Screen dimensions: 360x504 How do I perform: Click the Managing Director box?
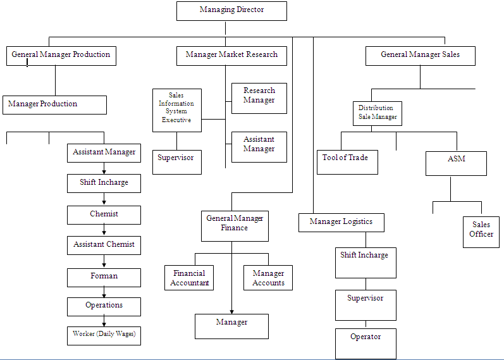coord(231,11)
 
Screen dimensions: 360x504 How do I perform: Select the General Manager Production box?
coord(61,55)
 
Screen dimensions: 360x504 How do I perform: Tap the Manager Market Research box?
coord(231,55)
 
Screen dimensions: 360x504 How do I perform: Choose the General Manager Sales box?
coord(420,55)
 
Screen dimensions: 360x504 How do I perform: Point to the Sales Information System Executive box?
coord(177,109)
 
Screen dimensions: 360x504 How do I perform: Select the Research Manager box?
coord(259,97)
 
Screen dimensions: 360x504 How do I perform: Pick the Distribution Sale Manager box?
coord(378,113)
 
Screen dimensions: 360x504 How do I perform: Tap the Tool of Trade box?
coord(347,162)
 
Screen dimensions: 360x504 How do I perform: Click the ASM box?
coord(456,163)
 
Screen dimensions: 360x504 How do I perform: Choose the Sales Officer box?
coord(481,231)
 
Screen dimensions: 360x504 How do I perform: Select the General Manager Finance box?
coord(235,225)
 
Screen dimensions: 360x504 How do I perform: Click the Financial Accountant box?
coord(189,278)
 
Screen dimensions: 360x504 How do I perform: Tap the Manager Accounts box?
coord(268,278)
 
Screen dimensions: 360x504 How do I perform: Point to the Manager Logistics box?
coord(341,222)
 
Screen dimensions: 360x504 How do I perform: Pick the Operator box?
coord(366,343)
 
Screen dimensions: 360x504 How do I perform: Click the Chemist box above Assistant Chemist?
coord(104,214)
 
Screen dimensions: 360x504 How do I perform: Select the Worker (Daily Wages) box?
coord(104,335)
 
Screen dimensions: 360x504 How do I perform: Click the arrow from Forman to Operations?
coord(104,292)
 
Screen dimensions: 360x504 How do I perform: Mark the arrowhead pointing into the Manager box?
coord(231,311)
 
